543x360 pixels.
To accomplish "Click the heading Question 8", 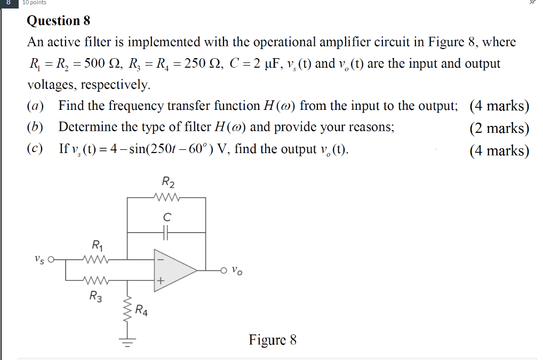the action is point(59,21).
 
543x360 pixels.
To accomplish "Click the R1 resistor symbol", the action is point(96,260).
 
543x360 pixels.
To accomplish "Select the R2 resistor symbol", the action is point(167,197).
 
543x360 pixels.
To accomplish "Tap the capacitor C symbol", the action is point(166,232).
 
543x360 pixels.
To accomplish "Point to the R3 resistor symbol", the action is point(96,279).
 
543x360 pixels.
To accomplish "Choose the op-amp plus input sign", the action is point(161,280).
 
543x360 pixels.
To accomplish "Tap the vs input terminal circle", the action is point(52,260).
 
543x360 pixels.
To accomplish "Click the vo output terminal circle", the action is point(225,270).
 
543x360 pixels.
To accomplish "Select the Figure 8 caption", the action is point(272,340).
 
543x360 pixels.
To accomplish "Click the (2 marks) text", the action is point(499,128).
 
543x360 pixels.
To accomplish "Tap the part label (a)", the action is point(36,106).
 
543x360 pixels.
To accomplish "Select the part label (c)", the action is point(36,149).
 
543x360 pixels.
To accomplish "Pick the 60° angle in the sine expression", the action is point(188,149).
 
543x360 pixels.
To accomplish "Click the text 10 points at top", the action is point(34,3).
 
